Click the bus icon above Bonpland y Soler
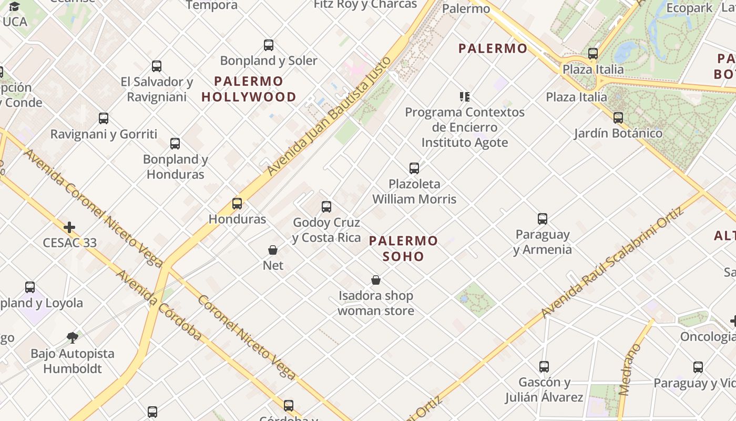[269, 45]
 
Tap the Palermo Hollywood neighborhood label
[249, 89]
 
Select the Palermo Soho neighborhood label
[403, 248]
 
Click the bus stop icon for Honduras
[237, 204]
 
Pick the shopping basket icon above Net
[273, 250]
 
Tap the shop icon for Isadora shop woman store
[376, 280]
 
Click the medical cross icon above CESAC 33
[69, 227]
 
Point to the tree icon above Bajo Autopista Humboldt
[73, 337]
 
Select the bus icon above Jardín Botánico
[618, 118]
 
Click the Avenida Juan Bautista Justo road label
[330, 116]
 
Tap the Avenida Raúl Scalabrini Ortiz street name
[612, 262]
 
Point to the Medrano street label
[630, 369]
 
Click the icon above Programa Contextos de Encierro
[464, 97]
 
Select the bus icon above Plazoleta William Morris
[414, 168]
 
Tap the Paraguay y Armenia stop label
[543, 242]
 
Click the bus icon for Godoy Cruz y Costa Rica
[326, 207]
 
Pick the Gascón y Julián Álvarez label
[544, 389]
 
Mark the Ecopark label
[689, 8]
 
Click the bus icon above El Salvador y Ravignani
[157, 66]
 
